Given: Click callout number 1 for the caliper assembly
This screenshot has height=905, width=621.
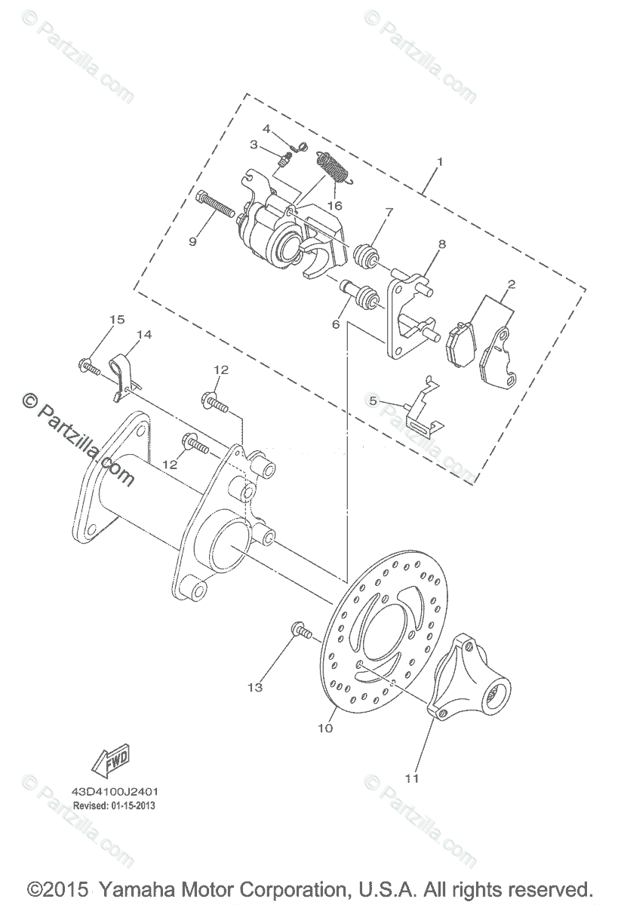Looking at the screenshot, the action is click(440, 162).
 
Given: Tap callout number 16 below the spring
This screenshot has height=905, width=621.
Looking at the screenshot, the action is click(335, 206).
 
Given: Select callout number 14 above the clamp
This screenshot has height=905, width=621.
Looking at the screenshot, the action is click(143, 335).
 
